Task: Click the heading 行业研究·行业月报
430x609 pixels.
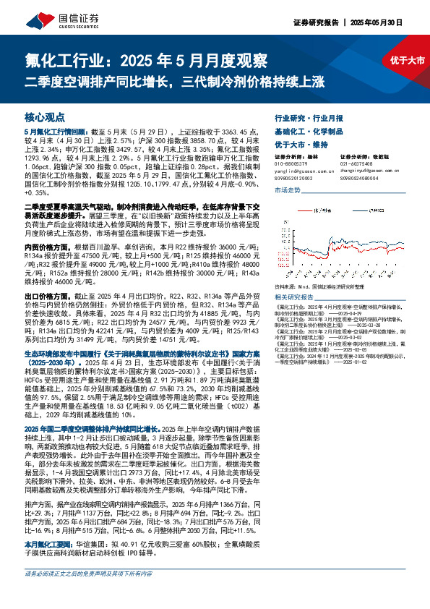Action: click(x=309, y=117)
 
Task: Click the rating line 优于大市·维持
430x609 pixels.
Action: click(x=301, y=145)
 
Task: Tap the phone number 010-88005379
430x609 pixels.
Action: click(x=292, y=163)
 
